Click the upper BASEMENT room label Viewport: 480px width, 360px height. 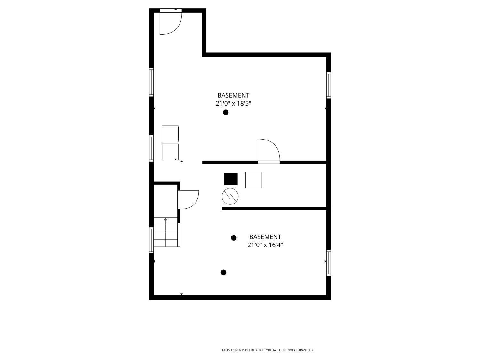[233, 95]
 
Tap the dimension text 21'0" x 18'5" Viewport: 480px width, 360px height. [233, 103]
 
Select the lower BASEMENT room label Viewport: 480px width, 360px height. [265, 237]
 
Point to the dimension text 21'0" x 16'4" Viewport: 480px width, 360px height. [265, 245]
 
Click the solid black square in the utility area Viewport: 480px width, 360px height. [231, 179]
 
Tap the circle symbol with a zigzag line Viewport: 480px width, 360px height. [230, 196]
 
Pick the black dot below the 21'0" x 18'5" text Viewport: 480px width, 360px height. [226, 112]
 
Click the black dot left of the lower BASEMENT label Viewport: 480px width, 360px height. [234, 238]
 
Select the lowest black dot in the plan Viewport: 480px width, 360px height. [223, 272]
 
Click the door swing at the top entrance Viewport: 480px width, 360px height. [171, 23]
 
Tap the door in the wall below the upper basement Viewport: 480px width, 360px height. [268, 151]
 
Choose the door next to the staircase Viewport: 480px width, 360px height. [188, 199]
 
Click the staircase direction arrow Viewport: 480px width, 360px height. [165, 220]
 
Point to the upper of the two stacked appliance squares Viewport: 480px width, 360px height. [170, 134]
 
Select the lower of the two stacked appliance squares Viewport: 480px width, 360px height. [170, 152]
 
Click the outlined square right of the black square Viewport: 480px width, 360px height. [253, 180]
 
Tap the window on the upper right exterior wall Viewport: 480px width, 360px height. [328, 85]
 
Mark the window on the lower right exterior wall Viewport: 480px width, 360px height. [328, 262]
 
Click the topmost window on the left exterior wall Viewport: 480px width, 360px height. [151, 82]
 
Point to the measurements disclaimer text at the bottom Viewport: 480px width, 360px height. [267, 350]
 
